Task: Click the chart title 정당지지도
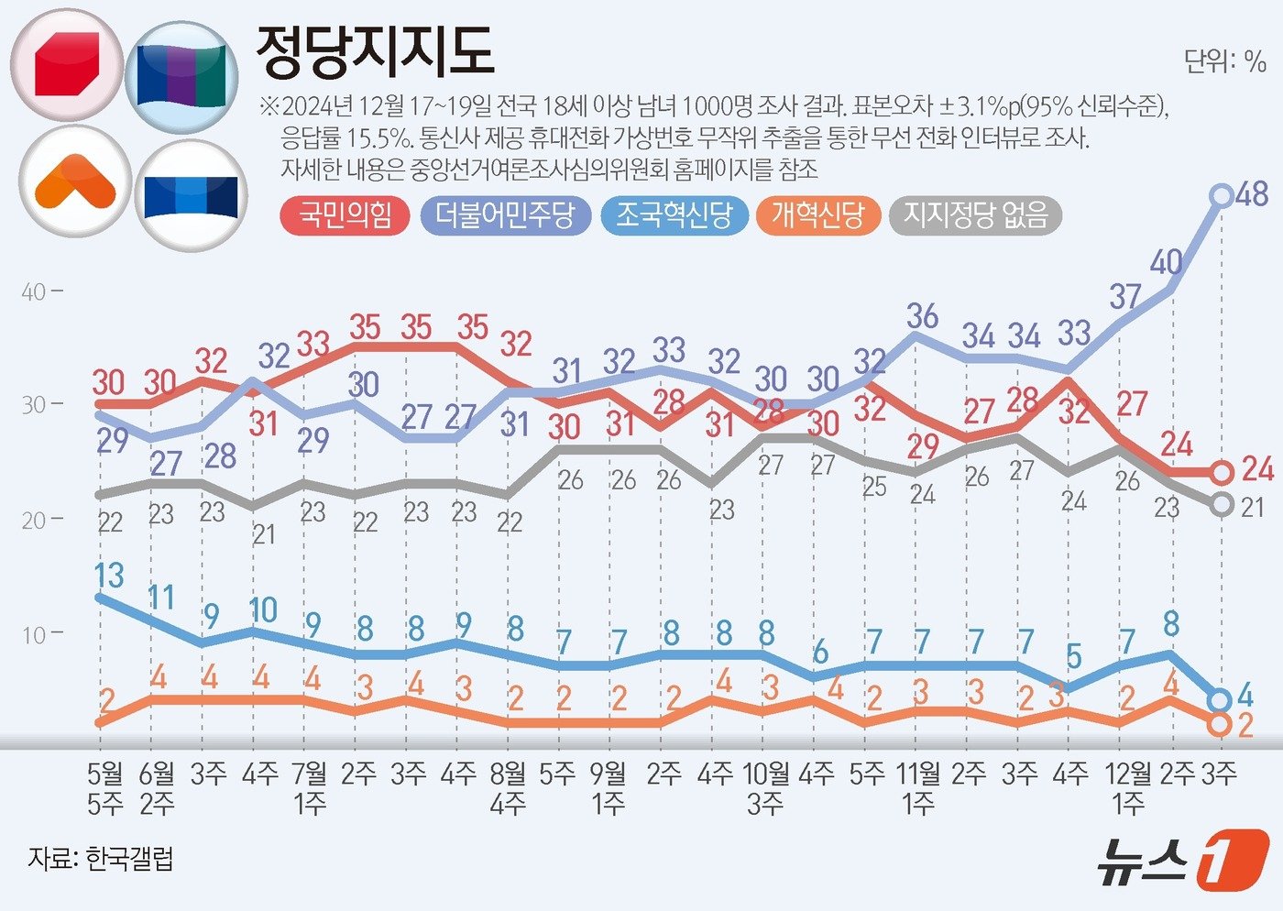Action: [375, 51]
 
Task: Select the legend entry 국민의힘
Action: [345, 215]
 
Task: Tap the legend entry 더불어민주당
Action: [505, 215]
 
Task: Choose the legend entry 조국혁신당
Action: [674, 215]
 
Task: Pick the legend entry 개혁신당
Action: [817, 215]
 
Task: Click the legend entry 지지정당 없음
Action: [975, 215]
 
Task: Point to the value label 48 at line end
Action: [1251, 193]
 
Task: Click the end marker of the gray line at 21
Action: [1222, 504]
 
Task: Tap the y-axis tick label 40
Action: [34, 292]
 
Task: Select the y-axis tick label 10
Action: [34, 634]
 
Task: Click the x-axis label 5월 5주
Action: [105, 788]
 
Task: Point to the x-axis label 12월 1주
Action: [1128, 788]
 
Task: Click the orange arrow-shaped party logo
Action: [75, 181]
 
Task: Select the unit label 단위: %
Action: [1224, 61]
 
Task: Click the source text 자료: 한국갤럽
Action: [101, 859]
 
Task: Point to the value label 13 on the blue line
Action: [108, 576]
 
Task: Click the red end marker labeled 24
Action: [1222, 473]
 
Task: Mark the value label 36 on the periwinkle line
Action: [922, 315]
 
